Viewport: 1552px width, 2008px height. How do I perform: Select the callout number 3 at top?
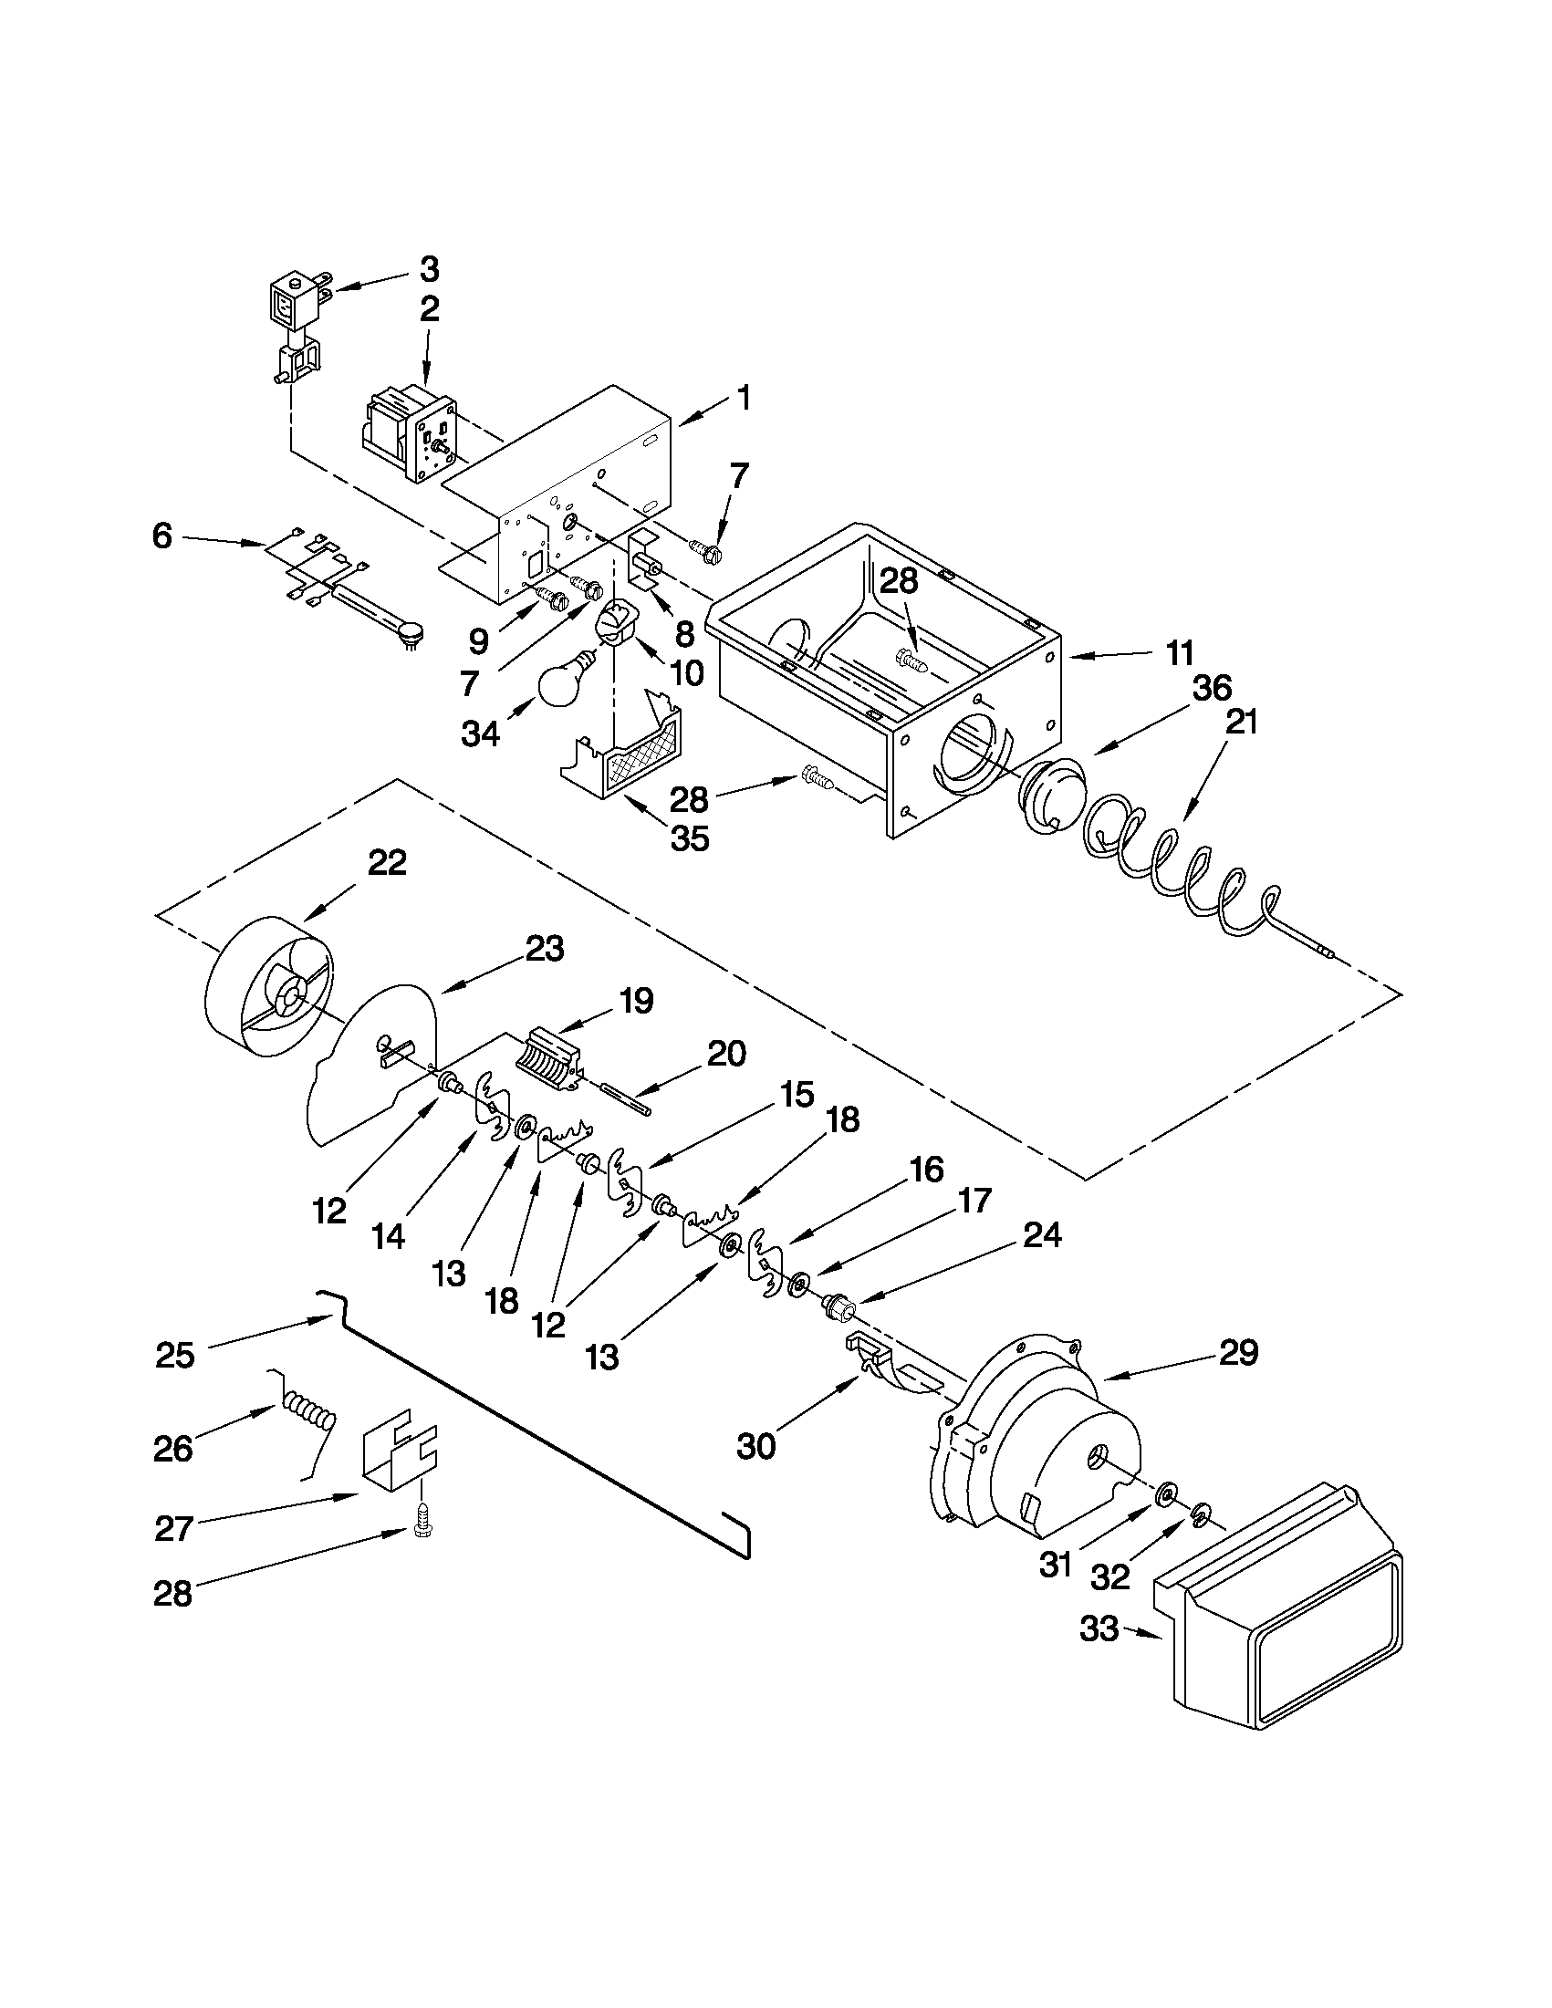coord(430,269)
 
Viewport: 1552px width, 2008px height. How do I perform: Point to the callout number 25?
coord(175,1356)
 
